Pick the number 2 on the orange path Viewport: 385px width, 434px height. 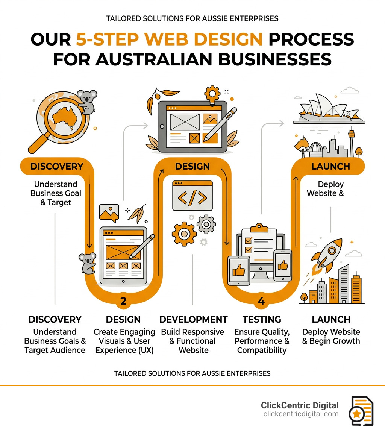coord(123,301)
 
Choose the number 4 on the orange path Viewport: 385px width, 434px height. coord(261,301)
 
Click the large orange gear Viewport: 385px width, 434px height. coord(184,234)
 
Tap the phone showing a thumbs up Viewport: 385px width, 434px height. coord(282,265)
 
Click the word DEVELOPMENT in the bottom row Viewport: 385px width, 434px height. coord(193,320)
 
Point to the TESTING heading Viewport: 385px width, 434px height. coord(262,320)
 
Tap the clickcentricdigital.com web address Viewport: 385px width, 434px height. coord(301,414)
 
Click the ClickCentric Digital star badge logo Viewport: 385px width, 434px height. coord(362,411)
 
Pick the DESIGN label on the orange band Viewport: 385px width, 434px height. coord(192,166)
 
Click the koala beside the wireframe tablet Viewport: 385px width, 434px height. coord(87,262)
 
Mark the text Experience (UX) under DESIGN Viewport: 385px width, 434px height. coord(124,350)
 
